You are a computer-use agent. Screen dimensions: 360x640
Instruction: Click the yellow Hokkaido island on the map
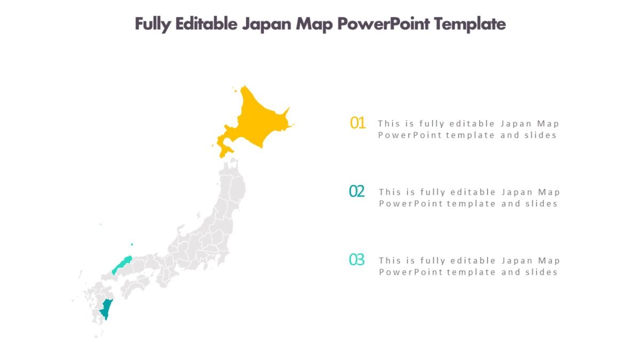256,120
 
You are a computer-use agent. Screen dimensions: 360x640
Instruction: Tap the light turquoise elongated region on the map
122,264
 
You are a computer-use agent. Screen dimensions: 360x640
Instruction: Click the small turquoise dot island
132,245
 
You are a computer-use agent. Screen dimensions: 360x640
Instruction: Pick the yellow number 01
357,123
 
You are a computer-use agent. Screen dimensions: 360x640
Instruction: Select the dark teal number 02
357,191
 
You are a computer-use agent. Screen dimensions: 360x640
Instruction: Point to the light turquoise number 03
357,260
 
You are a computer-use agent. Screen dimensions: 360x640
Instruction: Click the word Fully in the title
151,24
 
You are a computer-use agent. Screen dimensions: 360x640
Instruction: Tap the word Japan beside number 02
516,192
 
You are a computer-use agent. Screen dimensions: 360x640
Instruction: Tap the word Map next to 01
548,124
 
